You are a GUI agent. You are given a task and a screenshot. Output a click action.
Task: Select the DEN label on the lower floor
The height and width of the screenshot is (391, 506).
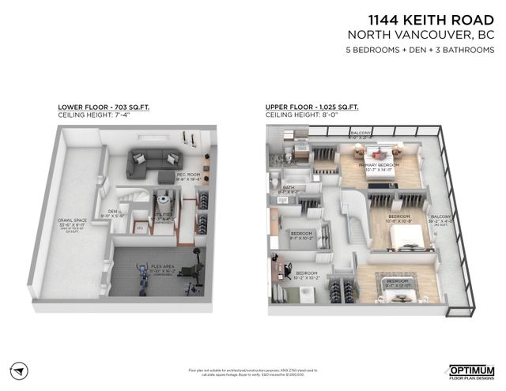coord(114,212)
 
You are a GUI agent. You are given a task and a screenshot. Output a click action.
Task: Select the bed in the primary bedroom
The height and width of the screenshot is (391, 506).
coord(370,151)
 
